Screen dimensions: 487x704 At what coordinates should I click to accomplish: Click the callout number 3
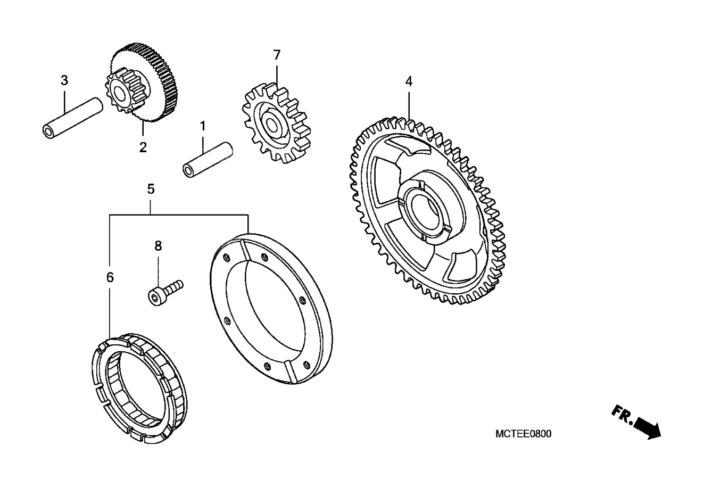coord(64,81)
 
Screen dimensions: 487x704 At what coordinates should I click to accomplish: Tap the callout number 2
coord(143,147)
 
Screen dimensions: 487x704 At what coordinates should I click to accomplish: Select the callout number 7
coord(276,55)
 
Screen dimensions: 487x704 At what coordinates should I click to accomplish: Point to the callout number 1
coord(202,126)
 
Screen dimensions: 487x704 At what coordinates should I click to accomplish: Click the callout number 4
coord(409,81)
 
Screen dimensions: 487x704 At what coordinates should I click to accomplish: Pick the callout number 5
coord(151,188)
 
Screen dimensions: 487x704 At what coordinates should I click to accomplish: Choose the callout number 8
coord(158,246)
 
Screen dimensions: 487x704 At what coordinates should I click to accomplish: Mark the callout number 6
coord(110,277)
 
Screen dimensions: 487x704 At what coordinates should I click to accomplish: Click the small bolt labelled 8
coord(165,290)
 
